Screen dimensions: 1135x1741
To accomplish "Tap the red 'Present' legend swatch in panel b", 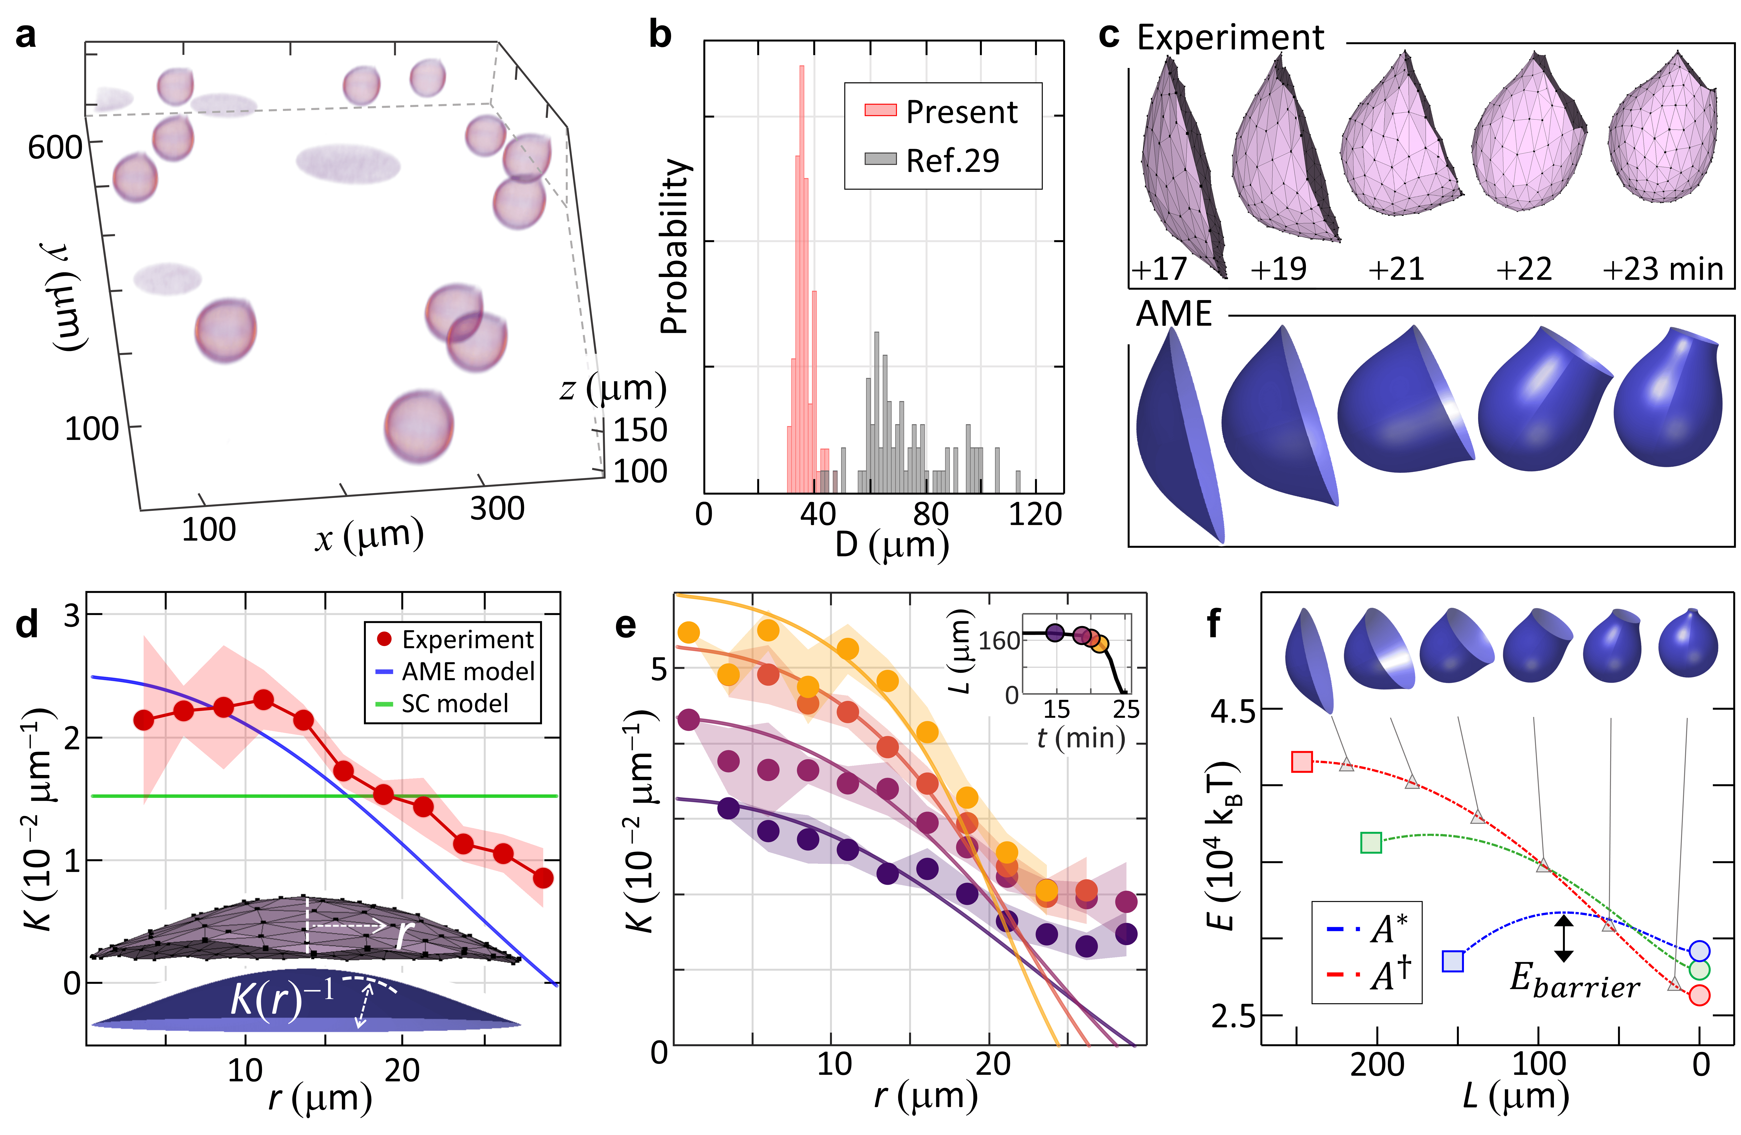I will coord(880,110).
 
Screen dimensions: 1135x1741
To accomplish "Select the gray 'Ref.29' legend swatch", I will coord(880,159).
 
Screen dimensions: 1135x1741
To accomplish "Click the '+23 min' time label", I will coord(1662,269).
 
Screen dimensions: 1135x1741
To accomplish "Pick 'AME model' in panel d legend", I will coord(468,671).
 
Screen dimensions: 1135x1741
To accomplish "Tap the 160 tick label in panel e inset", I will coord(1000,641).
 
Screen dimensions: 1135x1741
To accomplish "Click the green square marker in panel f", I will coord(1371,842).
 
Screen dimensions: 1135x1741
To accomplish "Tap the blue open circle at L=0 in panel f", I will coord(1699,950).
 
